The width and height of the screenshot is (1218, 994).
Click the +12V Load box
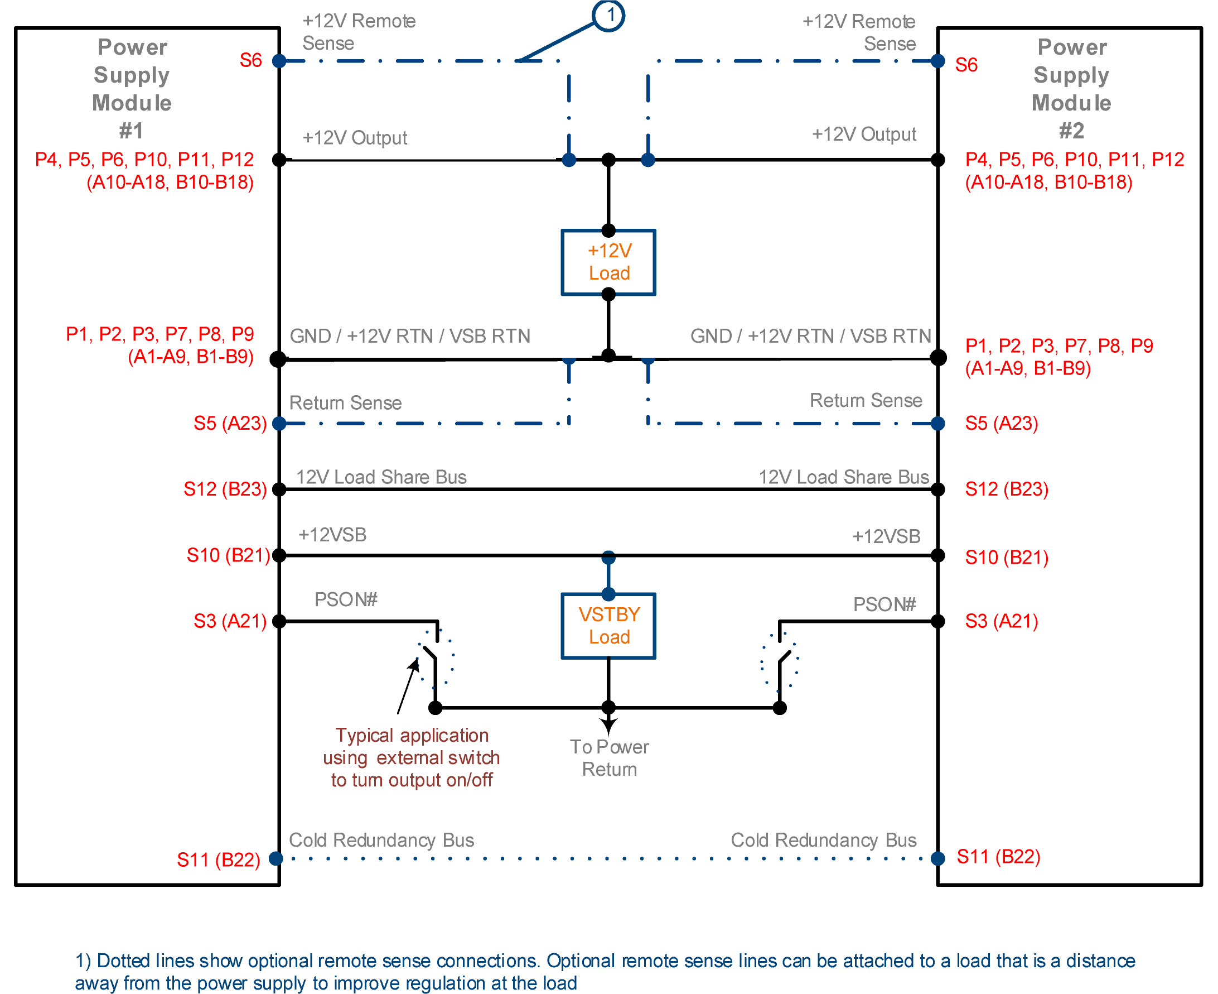click(608, 262)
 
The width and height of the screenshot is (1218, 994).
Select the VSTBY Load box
click(608, 625)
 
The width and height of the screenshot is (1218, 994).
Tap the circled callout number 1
click(608, 15)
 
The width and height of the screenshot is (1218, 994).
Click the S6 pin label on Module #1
click(250, 60)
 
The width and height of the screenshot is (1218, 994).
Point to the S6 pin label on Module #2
click(966, 65)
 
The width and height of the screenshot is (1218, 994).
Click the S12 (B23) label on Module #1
click(225, 489)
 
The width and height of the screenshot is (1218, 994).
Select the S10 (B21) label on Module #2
click(1006, 557)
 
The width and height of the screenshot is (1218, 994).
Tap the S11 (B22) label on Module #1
click(219, 859)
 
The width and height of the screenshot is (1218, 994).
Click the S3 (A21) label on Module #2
click(1001, 621)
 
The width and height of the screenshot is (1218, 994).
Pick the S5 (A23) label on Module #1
click(230, 423)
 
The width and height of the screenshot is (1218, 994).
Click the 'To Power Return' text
click(610, 757)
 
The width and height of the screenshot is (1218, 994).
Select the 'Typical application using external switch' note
click(412, 757)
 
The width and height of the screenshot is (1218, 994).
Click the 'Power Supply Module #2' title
click(1071, 89)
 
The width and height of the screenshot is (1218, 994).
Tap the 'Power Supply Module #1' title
click(132, 89)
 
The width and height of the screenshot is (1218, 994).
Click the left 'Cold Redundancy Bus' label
click(381, 840)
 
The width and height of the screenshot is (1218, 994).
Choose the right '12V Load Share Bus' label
click(843, 477)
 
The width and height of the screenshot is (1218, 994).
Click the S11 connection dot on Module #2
click(937, 858)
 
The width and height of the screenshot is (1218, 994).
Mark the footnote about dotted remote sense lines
click(605, 971)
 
